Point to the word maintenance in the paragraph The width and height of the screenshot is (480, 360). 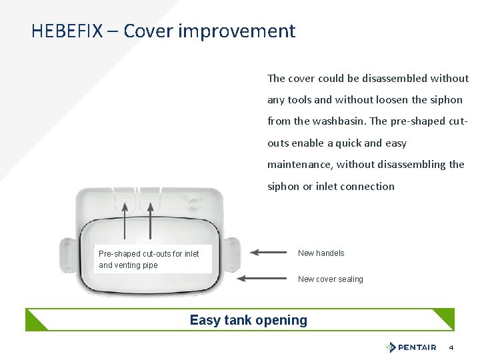(x=300, y=164)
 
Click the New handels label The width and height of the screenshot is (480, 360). (x=321, y=253)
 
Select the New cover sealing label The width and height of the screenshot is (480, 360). (x=331, y=279)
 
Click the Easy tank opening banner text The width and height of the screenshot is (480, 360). (x=249, y=320)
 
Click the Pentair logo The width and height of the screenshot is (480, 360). (x=411, y=347)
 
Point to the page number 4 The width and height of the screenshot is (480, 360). (x=451, y=347)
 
